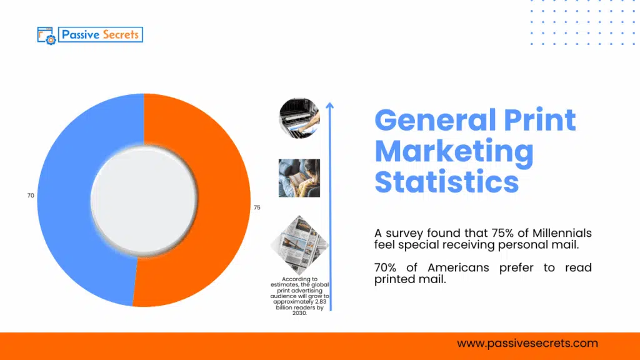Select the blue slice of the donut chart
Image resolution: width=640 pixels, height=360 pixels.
click(62, 200)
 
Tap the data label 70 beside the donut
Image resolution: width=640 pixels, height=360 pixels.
click(31, 196)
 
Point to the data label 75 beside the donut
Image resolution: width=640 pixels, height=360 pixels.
click(257, 207)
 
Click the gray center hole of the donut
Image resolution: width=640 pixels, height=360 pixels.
click(144, 200)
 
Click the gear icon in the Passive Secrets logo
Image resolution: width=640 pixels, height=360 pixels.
click(49, 39)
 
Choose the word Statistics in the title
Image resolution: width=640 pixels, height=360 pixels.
click(446, 181)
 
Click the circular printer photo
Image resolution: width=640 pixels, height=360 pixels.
click(299, 117)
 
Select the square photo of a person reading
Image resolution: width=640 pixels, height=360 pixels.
click(299, 178)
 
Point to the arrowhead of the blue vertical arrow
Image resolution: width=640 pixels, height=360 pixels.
click(330, 106)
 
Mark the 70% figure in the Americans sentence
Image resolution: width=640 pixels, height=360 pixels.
click(388, 267)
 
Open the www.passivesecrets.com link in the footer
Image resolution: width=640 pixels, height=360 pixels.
click(527, 343)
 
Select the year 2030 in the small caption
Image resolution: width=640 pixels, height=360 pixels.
click(298, 313)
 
